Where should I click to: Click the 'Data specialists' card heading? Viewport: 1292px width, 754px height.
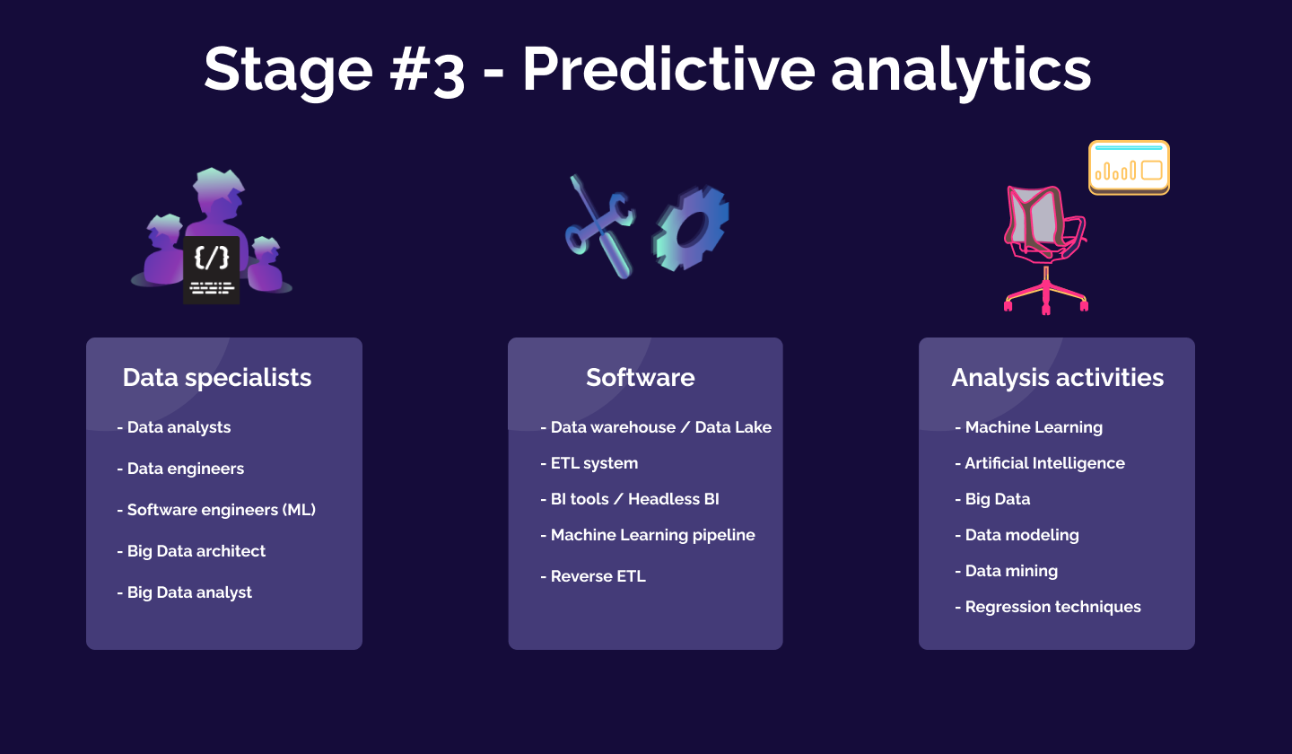pyautogui.click(x=217, y=378)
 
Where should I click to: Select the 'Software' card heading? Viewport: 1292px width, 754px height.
pyautogui.click(x=640, y=378)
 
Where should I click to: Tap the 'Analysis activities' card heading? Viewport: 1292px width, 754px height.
pyautogui.click(x=1057, y=378)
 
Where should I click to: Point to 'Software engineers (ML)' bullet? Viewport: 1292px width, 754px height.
pyautogui.click(x=216, y=510)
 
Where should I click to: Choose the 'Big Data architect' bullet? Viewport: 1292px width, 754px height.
pyautogui.click(x=191, y=551)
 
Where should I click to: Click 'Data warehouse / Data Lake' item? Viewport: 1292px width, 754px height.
pyautogui.click(x=656, y=427)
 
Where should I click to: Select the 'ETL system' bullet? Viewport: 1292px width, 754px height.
pyautogui.click(x=589, y=463)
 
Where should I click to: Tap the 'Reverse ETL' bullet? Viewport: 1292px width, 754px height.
pyautogui.click(x=593, y=576)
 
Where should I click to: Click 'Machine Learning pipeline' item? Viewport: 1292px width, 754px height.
pyautogui.click(x=648, y=535)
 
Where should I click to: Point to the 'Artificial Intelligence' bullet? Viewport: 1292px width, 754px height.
pyautogui.click(x=1040, y=463)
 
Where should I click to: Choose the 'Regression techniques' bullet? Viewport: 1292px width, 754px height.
pyautogui.click(x=1048, y=607)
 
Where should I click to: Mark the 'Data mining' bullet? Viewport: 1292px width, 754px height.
pyautogui.click(x=1007, y=571)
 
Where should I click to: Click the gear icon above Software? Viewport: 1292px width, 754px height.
pyautogui.click(x=691, y=228)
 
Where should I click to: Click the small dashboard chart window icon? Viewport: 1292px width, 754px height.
pyautogui.click(x=1129, y=167)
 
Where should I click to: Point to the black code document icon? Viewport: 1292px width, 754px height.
pyautogui.click(x=212, y=269)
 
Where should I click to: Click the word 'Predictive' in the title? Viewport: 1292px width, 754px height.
pyautogui.click(x=668, y=69)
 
